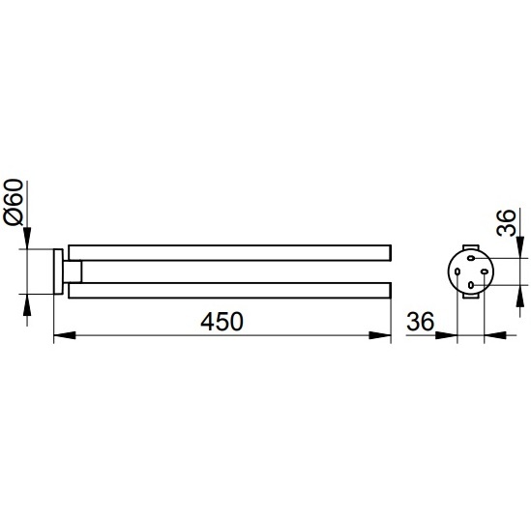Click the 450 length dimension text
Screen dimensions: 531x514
tap(221, 322)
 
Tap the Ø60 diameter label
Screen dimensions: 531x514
tap(14, 202)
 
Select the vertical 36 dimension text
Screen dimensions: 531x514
tap(506, 222)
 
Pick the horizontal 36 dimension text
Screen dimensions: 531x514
tap(420, 322)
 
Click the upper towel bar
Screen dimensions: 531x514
tap(230, 252)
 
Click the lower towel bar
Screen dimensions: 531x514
tap(230, 290)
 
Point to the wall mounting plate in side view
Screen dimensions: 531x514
tap(58, 271)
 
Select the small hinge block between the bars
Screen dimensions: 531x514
tap(73, 271)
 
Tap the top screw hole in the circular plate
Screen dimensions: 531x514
tap(471, 258)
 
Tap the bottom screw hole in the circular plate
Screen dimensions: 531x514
tap(471, 285)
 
